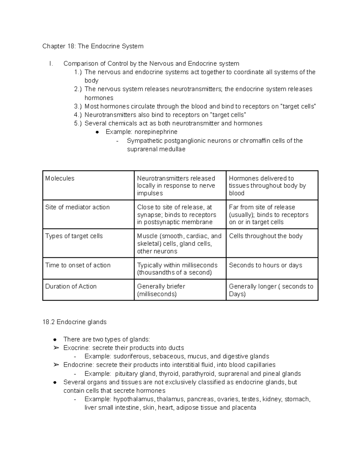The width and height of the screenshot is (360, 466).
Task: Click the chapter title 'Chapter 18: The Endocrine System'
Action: [93, 46]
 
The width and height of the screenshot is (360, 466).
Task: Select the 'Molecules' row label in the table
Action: [60, 178]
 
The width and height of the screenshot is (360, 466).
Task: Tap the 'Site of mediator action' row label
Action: [77, 207]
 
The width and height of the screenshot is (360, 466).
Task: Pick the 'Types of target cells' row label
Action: [74, 236]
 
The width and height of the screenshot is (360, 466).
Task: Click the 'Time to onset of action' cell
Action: [78, 265]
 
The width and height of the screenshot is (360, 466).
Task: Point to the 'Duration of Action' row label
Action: [71, 286]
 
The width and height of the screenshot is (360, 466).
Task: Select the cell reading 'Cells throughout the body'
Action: [265, 236]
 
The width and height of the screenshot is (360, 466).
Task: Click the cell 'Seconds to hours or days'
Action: [265, 265]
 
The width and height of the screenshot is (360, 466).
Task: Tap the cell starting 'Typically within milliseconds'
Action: [177, 269]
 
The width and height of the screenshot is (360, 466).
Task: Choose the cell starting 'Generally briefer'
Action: [161, 290]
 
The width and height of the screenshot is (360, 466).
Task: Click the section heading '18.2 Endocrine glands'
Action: [74, 322]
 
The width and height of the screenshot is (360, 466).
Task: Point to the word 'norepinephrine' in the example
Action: [156, 132]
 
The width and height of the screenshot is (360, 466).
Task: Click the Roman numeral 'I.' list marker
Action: [51, 64]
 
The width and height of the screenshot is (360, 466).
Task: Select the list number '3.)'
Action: [78, 107]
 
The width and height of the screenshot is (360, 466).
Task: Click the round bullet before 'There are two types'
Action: [55, 340]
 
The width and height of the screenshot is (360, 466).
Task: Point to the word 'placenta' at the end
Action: [244, 408]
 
